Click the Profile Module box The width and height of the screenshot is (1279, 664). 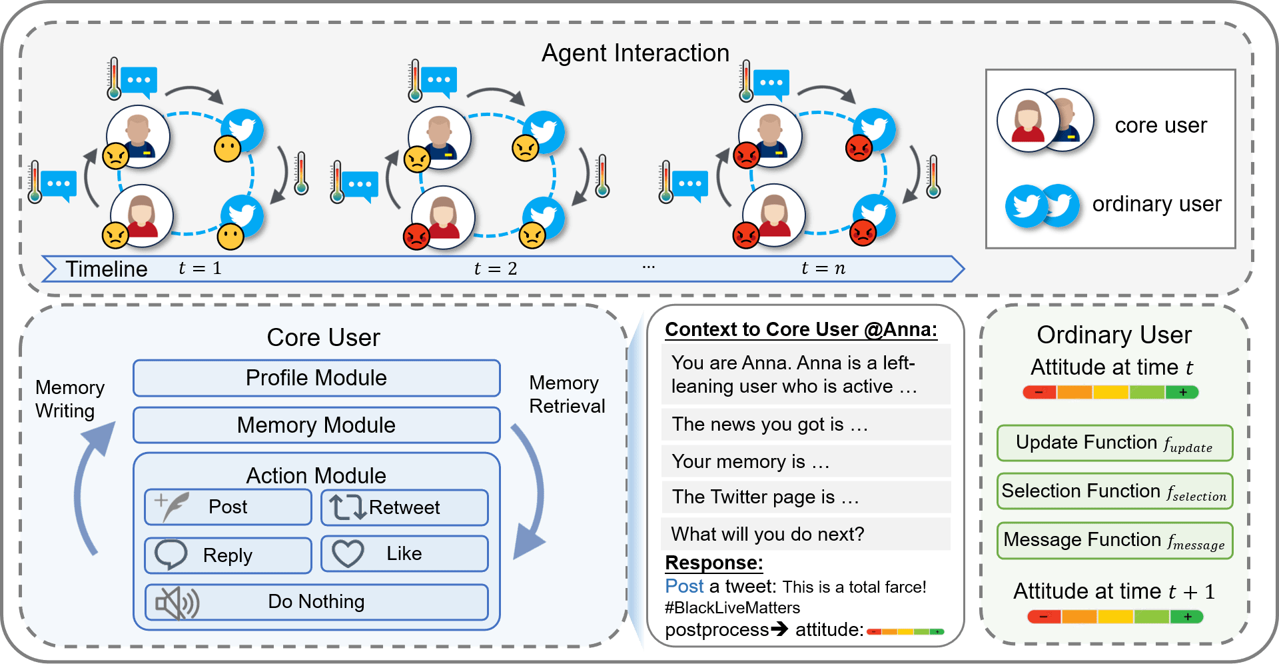coord(316,378)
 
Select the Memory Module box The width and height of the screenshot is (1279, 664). coord(316,425)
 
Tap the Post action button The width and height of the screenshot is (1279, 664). coord(228,507)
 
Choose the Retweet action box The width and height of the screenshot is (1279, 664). coord(404,508)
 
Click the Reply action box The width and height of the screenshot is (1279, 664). coord(228,555)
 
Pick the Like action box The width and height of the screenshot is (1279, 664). coord(404,554)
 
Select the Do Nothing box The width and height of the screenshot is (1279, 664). coord(316,602)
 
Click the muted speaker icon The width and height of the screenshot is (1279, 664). coord(177,603)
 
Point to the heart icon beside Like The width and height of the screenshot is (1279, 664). coord(348,554)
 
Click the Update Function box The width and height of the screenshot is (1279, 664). coord(1114,443)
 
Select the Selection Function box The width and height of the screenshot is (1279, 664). coord(1114,492)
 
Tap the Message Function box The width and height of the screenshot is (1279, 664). coord(1114,541)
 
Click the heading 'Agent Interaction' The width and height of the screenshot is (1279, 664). coord(636,53)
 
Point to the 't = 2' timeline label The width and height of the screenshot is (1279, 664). coord(496,269)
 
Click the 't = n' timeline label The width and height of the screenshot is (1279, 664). coord(823,269)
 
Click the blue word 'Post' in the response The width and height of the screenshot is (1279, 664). coord(684,587)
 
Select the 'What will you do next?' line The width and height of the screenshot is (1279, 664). coord(767,534)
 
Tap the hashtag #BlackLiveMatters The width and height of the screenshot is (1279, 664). coord(732,608)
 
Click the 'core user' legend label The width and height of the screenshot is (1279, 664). coord(1160,125)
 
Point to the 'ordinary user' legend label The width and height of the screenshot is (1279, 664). coord(1156,204)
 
